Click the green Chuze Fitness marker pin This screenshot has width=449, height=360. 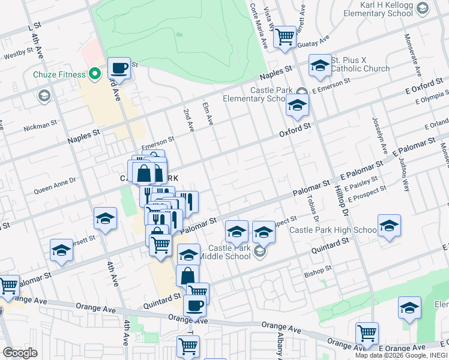point(94,74)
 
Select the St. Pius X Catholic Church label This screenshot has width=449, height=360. point(360,65)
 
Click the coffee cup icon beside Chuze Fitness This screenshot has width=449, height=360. point(119,69)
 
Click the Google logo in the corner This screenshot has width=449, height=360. point(20,353)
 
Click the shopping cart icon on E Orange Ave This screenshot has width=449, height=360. point(366,333)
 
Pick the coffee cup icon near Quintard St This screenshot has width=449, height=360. point(194,306)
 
